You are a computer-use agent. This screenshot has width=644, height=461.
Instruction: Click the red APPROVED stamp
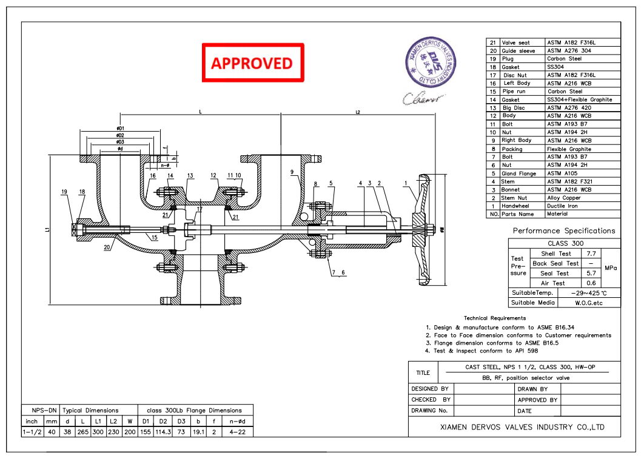point(252,62)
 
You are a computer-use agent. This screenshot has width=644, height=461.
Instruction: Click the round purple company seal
point(431,60)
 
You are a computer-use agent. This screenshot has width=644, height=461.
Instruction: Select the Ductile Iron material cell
point(563,206)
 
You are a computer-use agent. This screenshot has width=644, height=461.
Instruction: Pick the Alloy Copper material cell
point(564,198)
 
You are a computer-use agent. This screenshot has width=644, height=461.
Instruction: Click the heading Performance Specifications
point(564,231)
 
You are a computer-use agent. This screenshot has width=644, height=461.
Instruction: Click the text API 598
point(525,351)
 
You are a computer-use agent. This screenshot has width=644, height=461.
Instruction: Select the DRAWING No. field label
point(430,411)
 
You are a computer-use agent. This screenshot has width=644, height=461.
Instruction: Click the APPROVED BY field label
point(537,400)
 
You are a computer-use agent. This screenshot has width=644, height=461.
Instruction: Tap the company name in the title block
point(522,427)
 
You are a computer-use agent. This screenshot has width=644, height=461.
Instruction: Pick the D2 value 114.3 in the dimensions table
point(162,432)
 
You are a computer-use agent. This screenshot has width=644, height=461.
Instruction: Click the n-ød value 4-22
point(233,432)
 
